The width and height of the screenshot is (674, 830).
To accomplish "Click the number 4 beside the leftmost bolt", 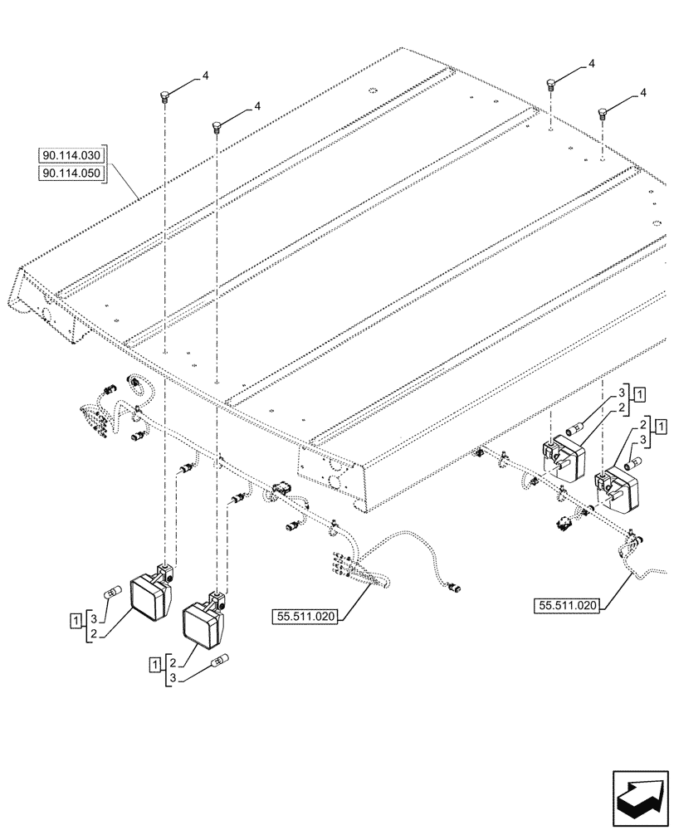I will point(205,76).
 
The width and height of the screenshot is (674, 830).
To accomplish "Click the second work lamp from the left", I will point(203,622).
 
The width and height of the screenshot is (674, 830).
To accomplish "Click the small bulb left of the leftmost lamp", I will point(114,593).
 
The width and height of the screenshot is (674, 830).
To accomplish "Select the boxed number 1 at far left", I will point(76,618).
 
